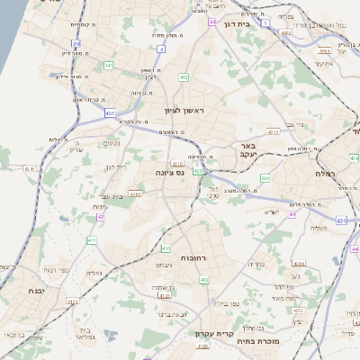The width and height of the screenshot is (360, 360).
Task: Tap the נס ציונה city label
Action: coord(169,172)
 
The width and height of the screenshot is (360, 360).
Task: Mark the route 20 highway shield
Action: coord(76,43)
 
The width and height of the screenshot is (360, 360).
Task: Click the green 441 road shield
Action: coord(108,65)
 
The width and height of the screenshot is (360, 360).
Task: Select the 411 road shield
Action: coord(92,240)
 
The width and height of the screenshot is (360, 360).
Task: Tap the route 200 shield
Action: coord(265,178)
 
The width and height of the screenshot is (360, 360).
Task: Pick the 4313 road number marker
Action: coord(274,132)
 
